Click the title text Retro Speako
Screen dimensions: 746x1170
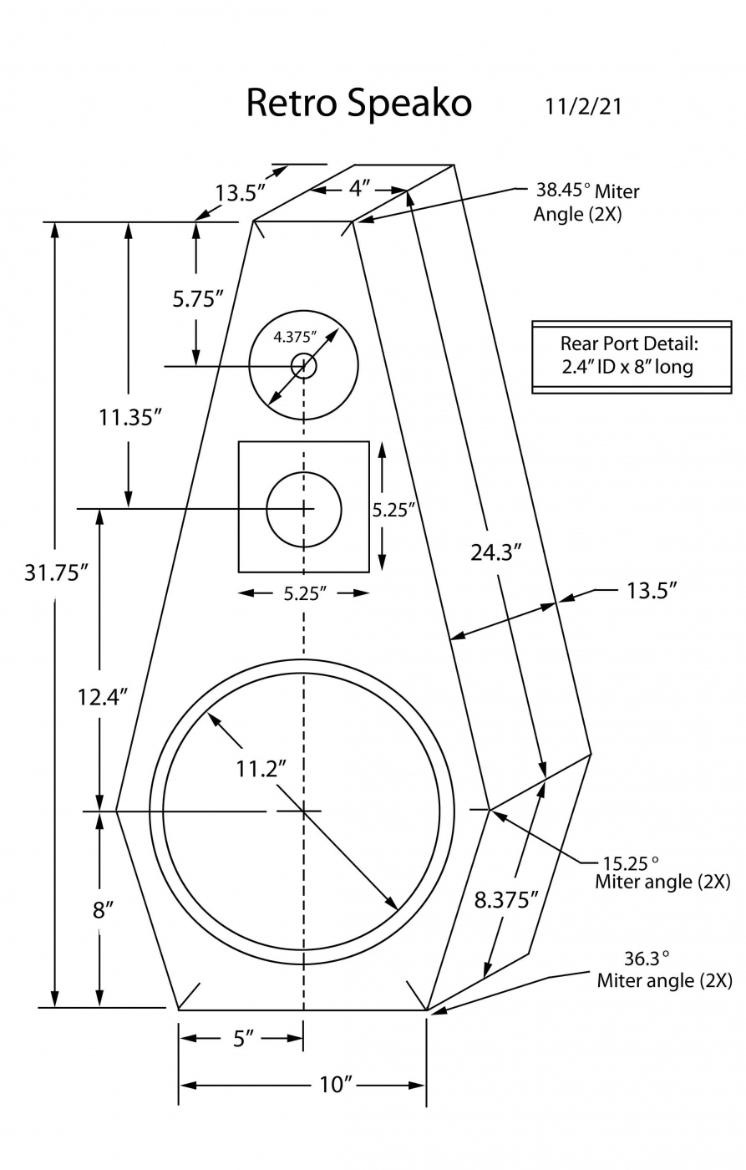[x=358, y=103]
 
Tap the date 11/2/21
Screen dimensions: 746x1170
[x=583, y=107]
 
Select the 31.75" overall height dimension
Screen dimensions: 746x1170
[x=55, y=572]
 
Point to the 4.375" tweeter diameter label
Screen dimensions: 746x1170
[x=295, y=337]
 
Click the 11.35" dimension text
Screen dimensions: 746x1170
[x=130, y=417]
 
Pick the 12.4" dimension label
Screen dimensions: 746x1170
[x=102, y=697]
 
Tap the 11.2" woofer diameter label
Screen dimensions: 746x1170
[x=261, y=768]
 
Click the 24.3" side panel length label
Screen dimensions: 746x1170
[x=496, y=552]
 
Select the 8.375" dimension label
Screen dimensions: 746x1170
[x=505, y=899]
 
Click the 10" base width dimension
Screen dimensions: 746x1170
[x=336, y=1085]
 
